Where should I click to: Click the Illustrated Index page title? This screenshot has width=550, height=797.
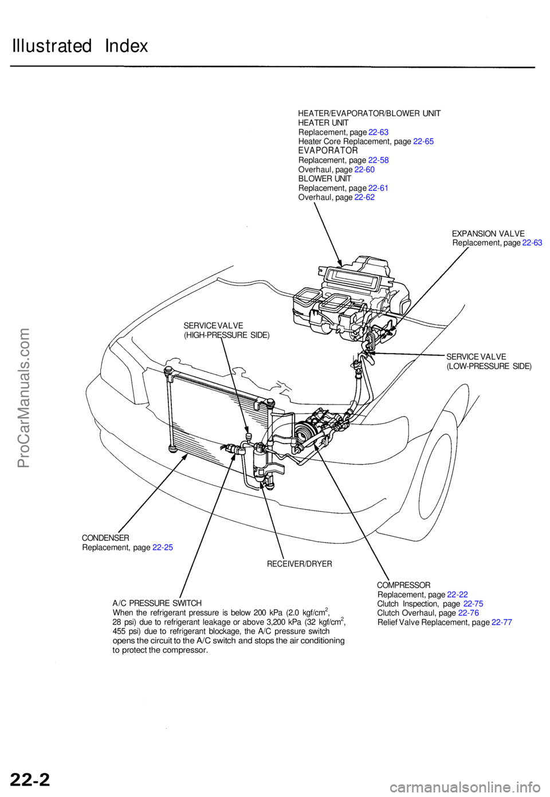tap(80, 46)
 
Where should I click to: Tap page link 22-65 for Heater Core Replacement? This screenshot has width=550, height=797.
tap(423, 142)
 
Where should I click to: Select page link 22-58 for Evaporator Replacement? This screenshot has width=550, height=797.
tap(378, 160)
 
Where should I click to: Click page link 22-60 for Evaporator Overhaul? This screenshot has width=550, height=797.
tap(364, 170)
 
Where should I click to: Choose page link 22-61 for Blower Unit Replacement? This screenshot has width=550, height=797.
tap(378, 188)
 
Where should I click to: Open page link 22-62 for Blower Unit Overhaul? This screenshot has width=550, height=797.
tap(364, 197)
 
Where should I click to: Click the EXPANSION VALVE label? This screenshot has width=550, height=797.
tap(488, 234)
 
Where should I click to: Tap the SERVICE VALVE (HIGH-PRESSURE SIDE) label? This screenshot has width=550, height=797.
tap(226, 331)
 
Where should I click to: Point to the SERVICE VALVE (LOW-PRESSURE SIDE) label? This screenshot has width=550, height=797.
tap(489, 362)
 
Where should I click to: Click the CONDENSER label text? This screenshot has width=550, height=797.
tap(105, 538)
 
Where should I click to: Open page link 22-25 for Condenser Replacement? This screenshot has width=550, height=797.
tap(163, 548)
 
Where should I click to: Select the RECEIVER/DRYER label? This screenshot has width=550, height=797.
tap(299, 564)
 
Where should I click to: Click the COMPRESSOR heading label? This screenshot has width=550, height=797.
tap(403, 585)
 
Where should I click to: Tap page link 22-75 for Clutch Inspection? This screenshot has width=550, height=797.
tap(473, 604)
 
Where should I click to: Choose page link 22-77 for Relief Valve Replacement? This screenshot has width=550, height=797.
tap(502, 622)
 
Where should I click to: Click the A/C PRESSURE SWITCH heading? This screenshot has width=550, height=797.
tap(157, 603)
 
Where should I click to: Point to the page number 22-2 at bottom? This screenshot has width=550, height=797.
tap(30, 779)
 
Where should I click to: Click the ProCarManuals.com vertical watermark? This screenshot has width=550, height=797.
tap(23, 398)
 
